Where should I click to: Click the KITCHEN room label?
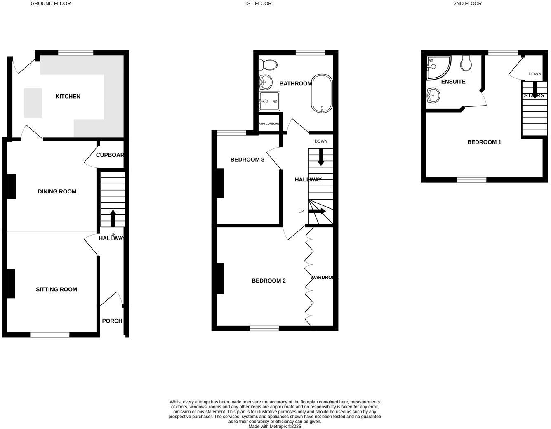point(68,97)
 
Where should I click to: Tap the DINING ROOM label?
point(57,191)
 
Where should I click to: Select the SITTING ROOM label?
point(57,290)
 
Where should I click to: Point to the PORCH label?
point(112,321)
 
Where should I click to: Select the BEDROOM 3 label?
point(247,160)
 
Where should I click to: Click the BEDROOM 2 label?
point(268,281)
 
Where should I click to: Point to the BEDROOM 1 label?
point(484,142)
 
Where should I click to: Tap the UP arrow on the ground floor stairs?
point(113,218)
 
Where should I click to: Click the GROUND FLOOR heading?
point(51,4)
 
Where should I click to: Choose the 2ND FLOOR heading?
point(467,4)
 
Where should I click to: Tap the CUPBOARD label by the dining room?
point(110,155)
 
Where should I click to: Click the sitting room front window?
point(49,335)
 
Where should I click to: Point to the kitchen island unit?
point(33,103)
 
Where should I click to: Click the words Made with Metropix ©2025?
point(275,427)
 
